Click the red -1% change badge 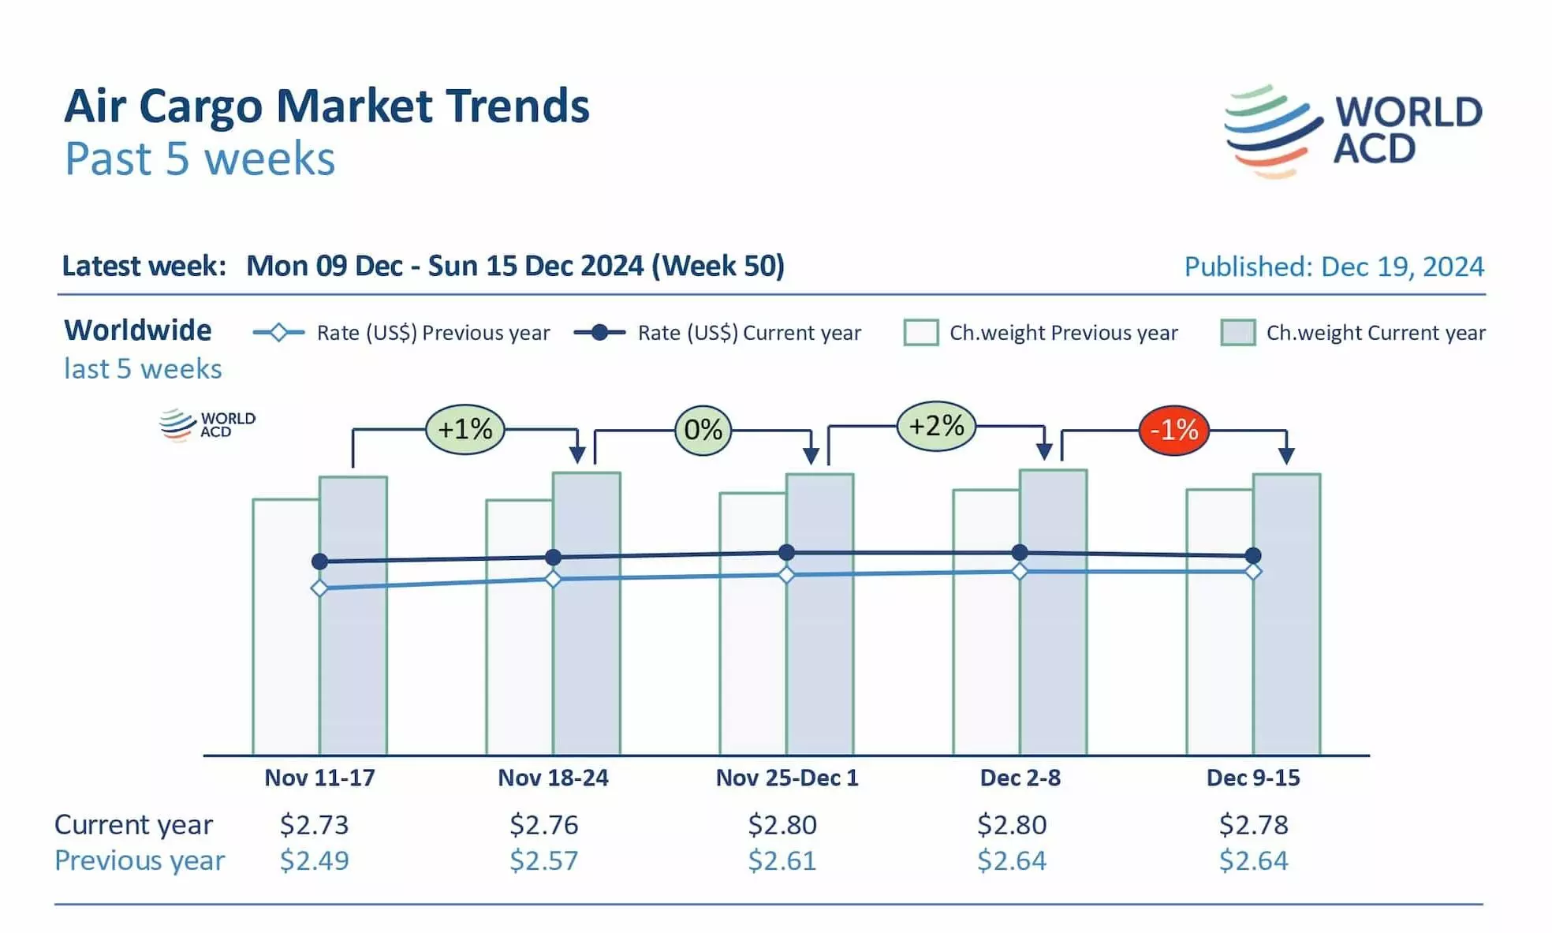tap(1173, 430)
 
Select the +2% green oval tap(936, 426)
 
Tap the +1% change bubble tap(464, 429)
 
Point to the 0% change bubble tap(703, 430)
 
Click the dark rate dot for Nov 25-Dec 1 tap(786, 552)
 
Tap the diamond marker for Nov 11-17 tap(319, 588)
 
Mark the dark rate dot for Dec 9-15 tap(1253, 555)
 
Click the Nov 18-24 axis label tap(553, 778)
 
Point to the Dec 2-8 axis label tap(1020, 778)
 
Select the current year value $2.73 tap(314, 824)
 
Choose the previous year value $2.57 tap(543, 860)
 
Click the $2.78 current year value tap(1253, 824)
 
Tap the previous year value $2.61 tap(782, 860)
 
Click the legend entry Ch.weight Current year tap(1352, 333)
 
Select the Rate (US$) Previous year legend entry tap(401, 333)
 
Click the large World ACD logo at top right tap(1352, 131)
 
